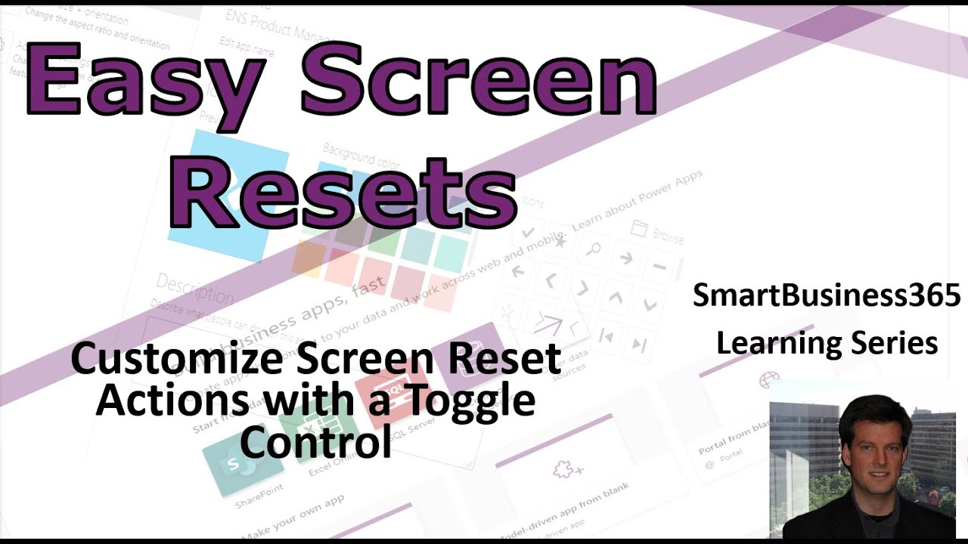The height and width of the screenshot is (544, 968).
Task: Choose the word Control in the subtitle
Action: pyautogui.click(x=316, y=442)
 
